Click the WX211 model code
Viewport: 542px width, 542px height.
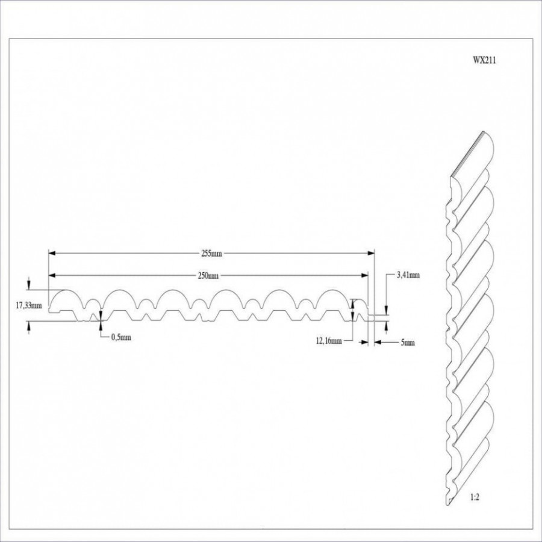coord(484,60)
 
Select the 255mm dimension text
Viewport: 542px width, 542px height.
coord(211,254)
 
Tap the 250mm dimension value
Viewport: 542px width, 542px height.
coord(208,276)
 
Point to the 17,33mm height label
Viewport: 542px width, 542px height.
coord(28,306)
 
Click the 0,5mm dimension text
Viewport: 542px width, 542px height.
coord(120,337)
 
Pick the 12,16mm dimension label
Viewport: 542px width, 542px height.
coord(328,341)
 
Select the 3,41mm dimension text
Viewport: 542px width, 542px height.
coord(408,275)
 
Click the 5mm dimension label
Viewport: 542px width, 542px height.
coord(407,343)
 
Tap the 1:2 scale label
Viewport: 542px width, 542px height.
coord(475,498)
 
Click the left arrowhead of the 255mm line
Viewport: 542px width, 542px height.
coord(51,253)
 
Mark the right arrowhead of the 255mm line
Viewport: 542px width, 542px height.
coord(371,253)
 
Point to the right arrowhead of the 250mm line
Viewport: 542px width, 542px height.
coord(365,275)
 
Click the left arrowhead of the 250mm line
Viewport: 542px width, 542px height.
coord(51,275)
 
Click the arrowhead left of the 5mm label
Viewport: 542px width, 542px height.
coord(377,342)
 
